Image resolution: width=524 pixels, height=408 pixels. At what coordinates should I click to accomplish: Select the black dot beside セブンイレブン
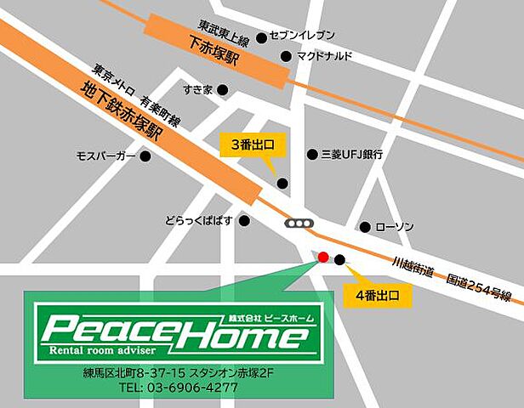[261, 37]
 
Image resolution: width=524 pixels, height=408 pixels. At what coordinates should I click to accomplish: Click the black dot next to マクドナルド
[286, 57]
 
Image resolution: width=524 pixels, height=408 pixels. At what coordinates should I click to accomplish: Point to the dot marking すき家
[223, 89]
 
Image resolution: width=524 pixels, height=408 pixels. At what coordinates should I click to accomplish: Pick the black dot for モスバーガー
[145, 156]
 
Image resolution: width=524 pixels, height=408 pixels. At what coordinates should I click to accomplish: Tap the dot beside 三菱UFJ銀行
[310, 155]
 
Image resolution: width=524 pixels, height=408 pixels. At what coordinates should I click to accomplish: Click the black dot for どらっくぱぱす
[245, 221]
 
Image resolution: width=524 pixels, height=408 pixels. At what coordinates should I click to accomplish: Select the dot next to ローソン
[365, 227]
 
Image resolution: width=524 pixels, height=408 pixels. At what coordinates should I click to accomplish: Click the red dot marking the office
[322, 258]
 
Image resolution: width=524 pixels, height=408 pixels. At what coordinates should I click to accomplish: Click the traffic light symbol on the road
[299, 223]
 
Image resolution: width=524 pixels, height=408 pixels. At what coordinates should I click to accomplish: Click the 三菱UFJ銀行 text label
[351, 155]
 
